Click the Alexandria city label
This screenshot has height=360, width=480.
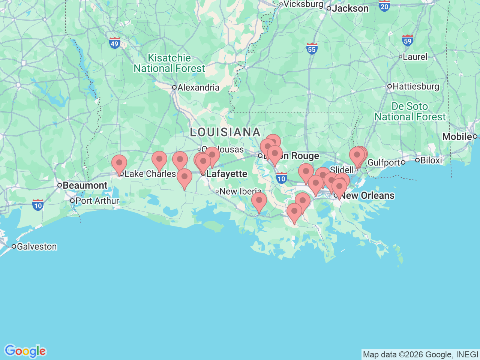[198, 88]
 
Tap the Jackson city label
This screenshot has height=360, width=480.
[350, 8]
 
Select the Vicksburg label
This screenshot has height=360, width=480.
[303, 4]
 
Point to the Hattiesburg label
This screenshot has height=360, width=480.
[415, 87]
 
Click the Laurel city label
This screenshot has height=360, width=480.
[415, 57]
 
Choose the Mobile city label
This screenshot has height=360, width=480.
[457, 136]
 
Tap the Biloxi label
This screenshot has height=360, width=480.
[431, 160]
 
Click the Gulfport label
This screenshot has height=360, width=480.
[384, 162]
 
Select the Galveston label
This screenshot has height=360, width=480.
[37, 247]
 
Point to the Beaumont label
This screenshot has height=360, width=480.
[85, 186]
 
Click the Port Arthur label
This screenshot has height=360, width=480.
[97, 201]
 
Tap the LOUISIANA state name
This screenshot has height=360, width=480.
[225, 132]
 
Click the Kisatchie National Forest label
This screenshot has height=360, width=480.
[169, 63]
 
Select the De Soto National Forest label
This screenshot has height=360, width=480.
[410, 112]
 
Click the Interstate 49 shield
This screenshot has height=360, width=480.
[115, 43]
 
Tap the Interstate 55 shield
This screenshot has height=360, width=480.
[312, 48]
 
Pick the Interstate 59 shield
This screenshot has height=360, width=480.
[407, 40]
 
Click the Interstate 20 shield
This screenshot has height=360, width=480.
[384, 6]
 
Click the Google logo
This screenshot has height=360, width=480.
[25, 351]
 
